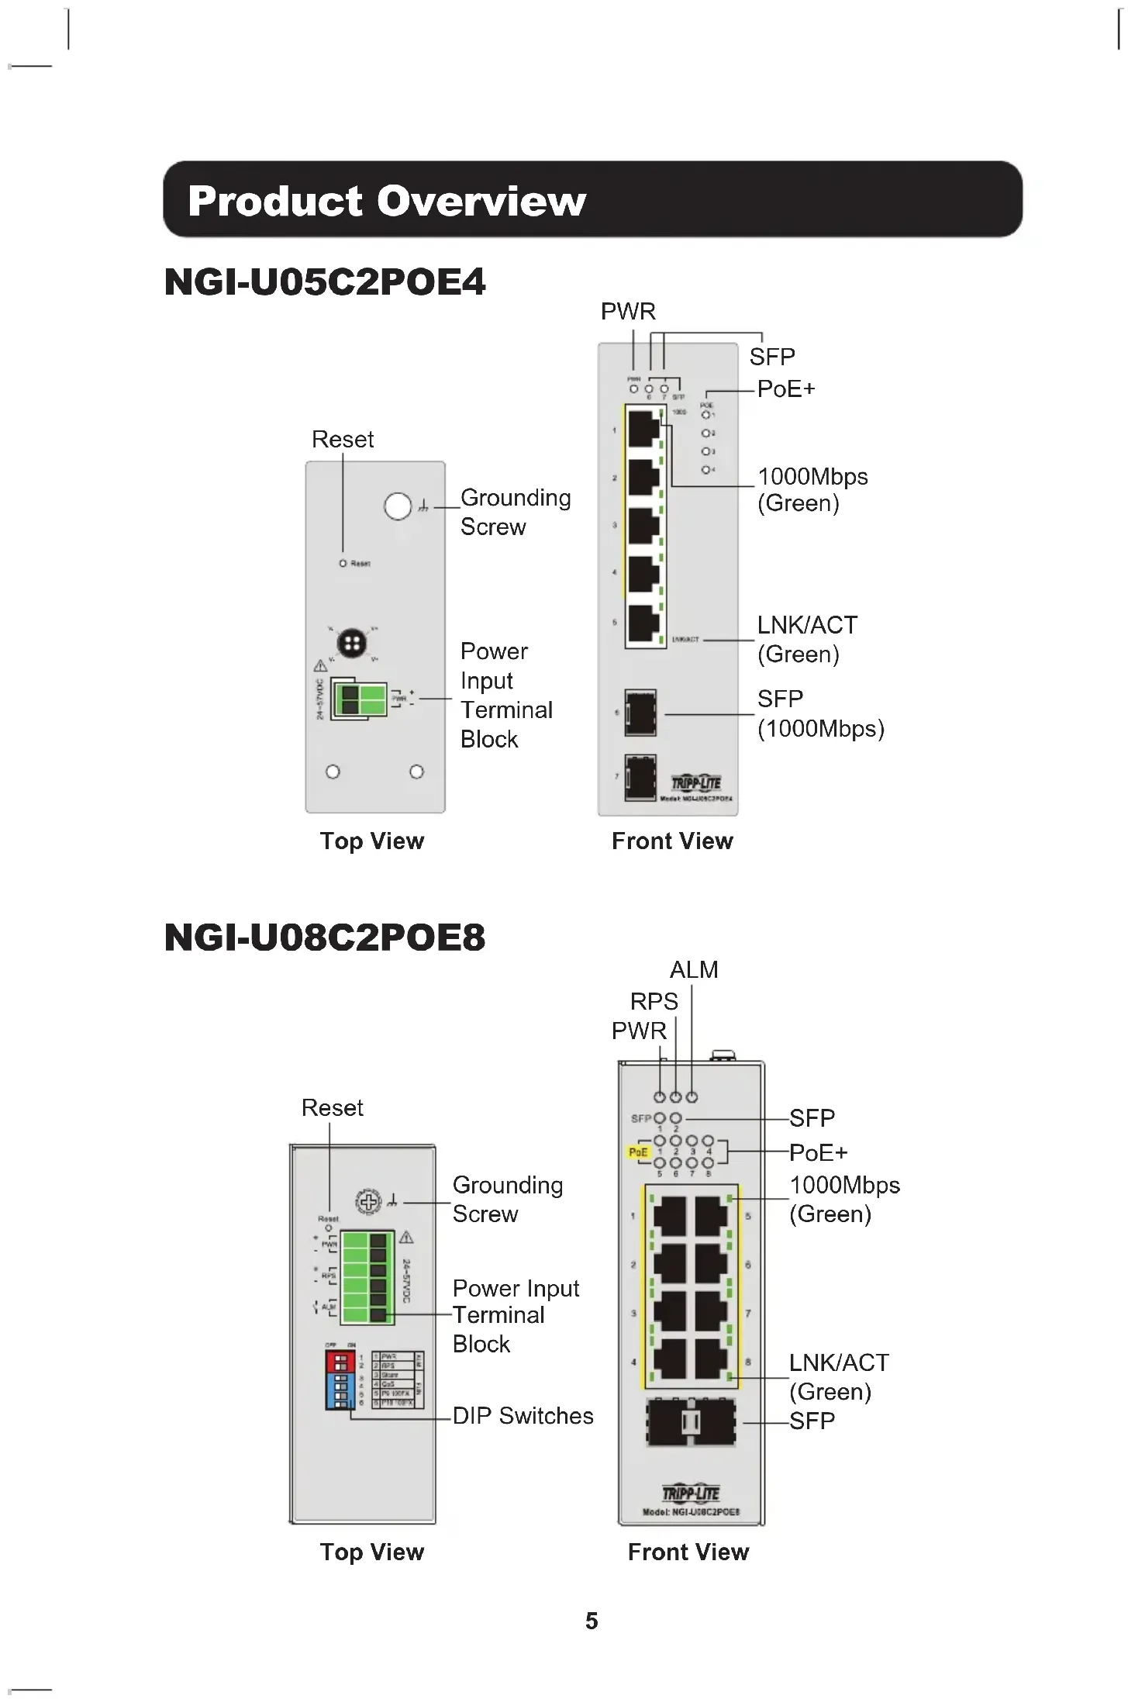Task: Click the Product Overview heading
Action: pos(386,201)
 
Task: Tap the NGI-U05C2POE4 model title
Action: pos(325,281)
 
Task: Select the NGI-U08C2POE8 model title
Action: pos(325,937)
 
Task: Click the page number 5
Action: pos(592,1621)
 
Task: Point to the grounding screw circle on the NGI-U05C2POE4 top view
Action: pos(398,506)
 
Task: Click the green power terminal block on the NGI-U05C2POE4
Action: pos(359,699)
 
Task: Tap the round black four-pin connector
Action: pos(351,643)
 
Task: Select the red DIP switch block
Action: pos(340,1361)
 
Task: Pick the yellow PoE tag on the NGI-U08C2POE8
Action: pos(637,1152)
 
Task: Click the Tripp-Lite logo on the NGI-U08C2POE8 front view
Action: pos(690,1494)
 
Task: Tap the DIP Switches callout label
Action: pos(523,1416)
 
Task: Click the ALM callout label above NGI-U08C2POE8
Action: pos(694,970)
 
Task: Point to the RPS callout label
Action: pos(654,1002)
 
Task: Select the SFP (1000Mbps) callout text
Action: pos(820,714)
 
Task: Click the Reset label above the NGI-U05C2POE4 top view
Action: pos(343,440)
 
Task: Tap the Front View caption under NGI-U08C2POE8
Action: pos(688,1552)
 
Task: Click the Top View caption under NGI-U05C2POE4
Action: pos(372,841)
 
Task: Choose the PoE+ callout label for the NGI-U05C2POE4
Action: pos(786,389)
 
